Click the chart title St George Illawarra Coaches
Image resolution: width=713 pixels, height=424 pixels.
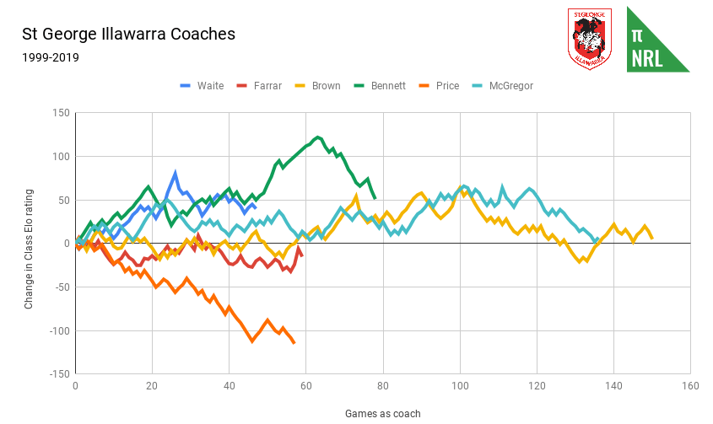[x=128, y=35]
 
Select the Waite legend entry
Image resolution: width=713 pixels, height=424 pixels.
[x=203, y=86]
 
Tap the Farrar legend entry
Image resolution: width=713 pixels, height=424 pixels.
[x=259, y=86]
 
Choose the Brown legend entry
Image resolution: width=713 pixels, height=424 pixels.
[x=317, y=86]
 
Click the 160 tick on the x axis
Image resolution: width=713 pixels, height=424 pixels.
[x=690, y=387]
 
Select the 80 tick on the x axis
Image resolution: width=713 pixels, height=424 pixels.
[x=383, y=387]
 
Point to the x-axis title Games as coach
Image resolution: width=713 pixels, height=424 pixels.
[x=382, y=413]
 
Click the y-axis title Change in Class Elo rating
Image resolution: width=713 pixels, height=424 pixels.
[x=29, y=243]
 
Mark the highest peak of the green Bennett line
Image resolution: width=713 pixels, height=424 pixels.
[x=317, y=137]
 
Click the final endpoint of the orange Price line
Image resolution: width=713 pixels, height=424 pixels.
[x=294, y=342]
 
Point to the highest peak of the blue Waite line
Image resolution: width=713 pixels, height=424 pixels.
[x=176, y=173]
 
